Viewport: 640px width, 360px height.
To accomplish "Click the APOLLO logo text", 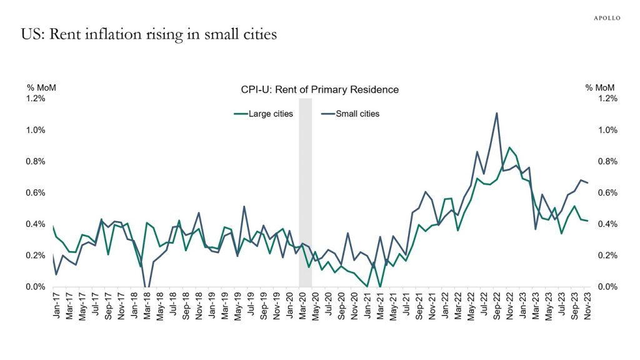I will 606,18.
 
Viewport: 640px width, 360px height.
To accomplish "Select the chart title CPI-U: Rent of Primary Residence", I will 319,89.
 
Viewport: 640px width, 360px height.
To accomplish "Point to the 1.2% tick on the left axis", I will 36,99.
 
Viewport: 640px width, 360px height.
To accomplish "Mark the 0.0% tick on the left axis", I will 36,287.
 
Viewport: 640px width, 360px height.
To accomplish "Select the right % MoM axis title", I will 600,87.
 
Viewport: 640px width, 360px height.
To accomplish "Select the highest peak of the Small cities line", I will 496,113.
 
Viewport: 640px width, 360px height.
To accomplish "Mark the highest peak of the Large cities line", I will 510,147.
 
